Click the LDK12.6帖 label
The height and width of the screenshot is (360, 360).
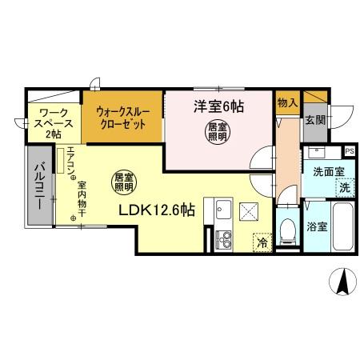click(157, 211)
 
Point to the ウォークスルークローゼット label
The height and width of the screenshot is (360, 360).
click(122, 120)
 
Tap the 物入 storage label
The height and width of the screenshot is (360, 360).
click(287, 104)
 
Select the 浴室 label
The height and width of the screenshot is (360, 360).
click(316, 227)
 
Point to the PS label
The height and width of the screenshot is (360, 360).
click(349, 150)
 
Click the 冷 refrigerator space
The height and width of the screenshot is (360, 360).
click(262, 239)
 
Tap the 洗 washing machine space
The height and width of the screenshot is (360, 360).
click(344, 188)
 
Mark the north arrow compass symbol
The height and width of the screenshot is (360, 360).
click(341, 282)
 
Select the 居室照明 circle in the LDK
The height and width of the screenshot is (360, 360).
click(122, 182)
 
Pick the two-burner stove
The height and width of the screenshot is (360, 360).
click(222, 238)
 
